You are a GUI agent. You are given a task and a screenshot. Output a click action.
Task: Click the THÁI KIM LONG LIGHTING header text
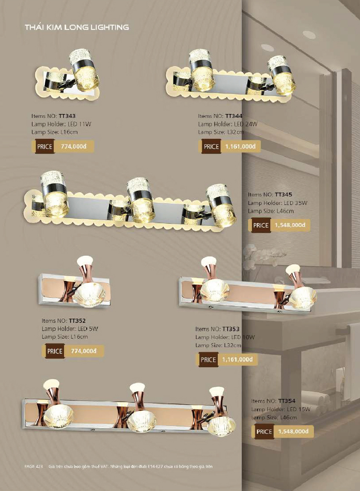[77, 27]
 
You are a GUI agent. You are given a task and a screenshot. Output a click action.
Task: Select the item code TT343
[67, 116]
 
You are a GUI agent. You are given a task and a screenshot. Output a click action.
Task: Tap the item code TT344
[234, 116]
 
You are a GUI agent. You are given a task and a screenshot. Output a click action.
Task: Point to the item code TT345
[283, 195]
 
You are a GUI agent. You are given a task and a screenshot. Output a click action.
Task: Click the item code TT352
[77, 321]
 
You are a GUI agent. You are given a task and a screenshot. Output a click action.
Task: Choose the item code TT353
[231, 329]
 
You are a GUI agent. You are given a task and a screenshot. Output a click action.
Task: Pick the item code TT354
[287, 401]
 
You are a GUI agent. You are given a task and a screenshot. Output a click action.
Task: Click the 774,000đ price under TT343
[73, 146]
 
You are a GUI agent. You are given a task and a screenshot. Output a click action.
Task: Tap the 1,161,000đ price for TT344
[240, 146]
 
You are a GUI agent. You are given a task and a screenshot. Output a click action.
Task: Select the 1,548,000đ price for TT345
[290, 225]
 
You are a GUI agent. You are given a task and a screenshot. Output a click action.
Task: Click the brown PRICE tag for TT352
[55, 351]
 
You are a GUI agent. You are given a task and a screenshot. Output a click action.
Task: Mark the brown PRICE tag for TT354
[264, 432]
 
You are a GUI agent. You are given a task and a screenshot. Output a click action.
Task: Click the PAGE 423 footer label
[34, 467]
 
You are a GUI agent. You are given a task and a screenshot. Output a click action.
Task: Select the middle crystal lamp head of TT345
[141, 200]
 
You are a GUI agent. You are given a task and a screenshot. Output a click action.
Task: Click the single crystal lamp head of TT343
[85, 70]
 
